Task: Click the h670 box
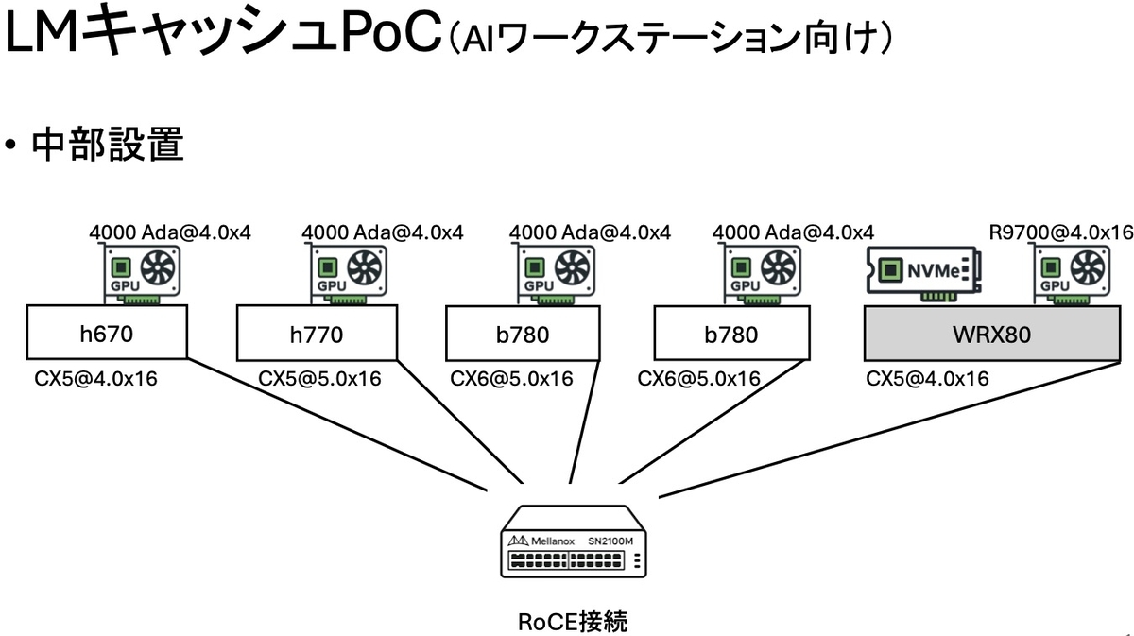point(106,334)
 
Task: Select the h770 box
point(316,334)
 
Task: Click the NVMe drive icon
point(927,272)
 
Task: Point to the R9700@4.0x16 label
point(1059,232)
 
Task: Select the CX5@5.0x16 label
point(320,379)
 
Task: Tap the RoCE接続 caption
point(573,621)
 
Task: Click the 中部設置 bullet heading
point(107,146)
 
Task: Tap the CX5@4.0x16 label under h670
point(95,379)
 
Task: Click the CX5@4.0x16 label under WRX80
point(927,379)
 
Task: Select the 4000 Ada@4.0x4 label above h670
point(170,232)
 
